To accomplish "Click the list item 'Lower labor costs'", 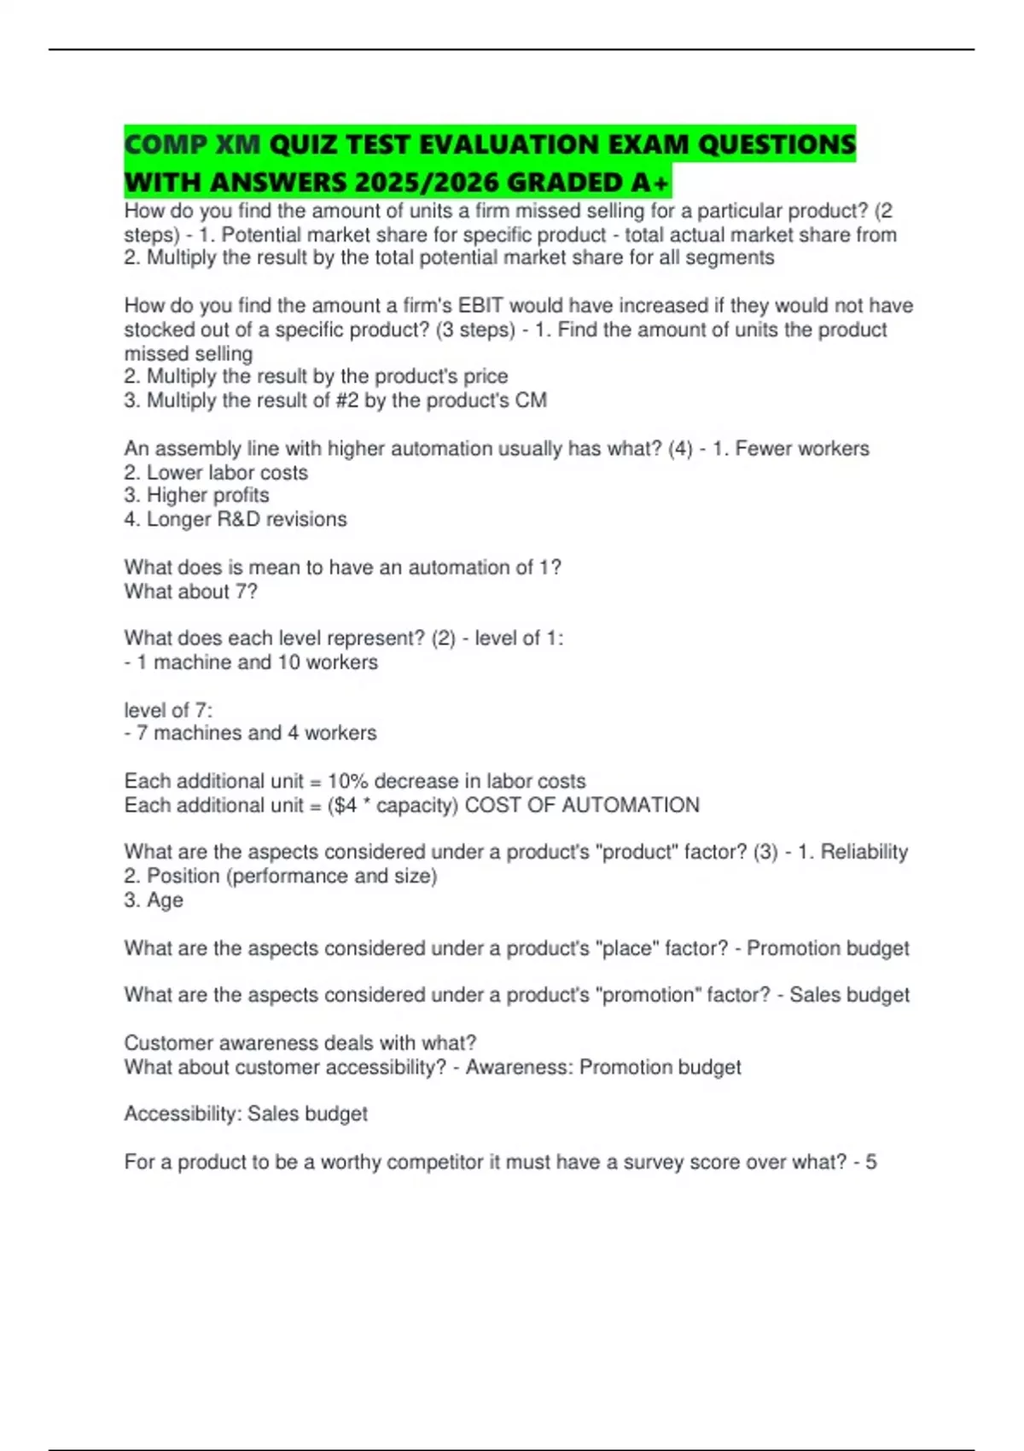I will pyautogui.click(x=216, y=472).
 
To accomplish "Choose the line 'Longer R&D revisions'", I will pyautogui.click(x=236, y=519).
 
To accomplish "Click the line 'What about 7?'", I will pyautogui.click(x=190, y=591).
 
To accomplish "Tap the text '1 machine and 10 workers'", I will pyautogui.click(x=256, y=662).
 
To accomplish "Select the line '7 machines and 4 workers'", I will pyautogui.click(x=256, y=733).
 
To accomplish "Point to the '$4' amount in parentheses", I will pyautogui.click(x=344, y=805).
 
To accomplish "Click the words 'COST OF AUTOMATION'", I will pyautogui.click(x=582, y=805).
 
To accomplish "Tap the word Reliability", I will pyautogui.click(x=864, y=852).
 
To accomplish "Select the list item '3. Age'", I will pyautogui.click(x=154, y=900).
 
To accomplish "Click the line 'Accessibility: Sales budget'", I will pyautogui.click(x=246, y=1114).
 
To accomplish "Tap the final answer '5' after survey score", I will pyautogui.click(x=870, y=1163).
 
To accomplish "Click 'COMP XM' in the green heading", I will pyautogui.click(x=192, y=145).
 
